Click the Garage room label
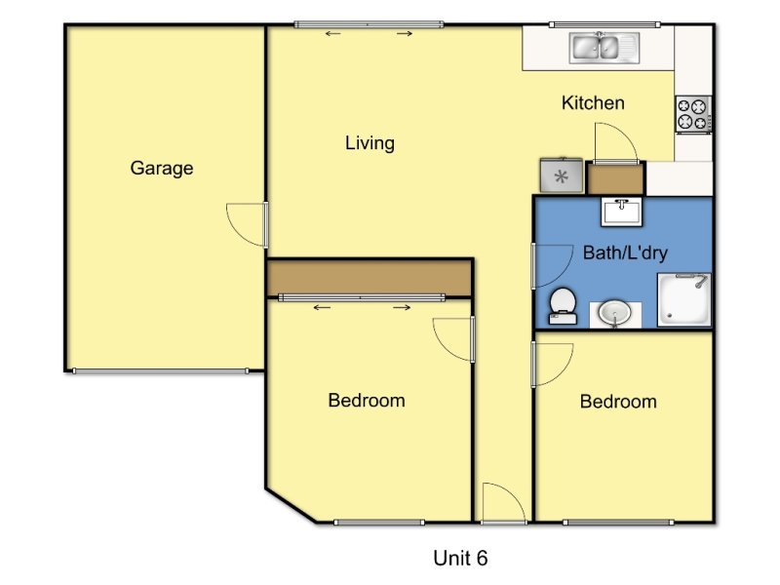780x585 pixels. pyautogui.click(x=162, y=168)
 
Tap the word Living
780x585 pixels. pyautogui.click(x=370, y=143)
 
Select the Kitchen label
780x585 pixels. pyautogui.click(x=593, y=103)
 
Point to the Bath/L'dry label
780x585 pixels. pyautogui.click(x=625, y=253)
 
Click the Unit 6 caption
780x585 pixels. pyautogui.click(x=460, y=558)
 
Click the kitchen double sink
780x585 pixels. pyautogui.click(x=604, y=48)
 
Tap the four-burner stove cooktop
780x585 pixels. pyautogui.click(x=693, y=114)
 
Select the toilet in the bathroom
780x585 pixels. pyautogui.click(x=563, y=305)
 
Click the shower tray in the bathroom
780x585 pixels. pyautogui.click(x=684, y=299)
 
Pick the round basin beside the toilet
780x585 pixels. pyautogui.click(x=615, y=314)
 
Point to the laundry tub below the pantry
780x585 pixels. pyautogui.click(x=621, y=212)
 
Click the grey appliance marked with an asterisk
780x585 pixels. pyautogui.click(x=562, y=175)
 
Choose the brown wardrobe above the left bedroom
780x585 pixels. pyautogui.click(x=370, y=278)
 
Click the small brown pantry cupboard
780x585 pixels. pyautogui.click(x=616, y=179)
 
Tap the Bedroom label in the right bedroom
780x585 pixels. pyautogui.click(x=618, y=402)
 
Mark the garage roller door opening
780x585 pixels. pyautogui.click(x=160, y=371)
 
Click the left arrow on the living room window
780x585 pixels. pyautogui.click(x=332, y=34)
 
